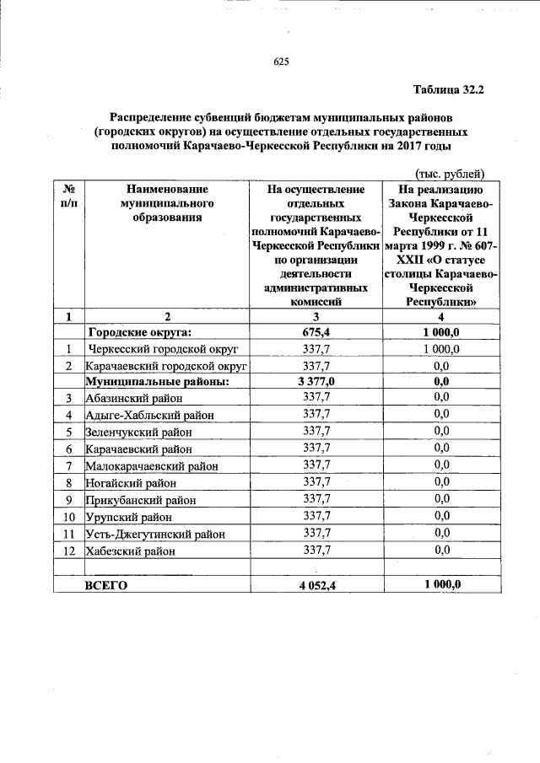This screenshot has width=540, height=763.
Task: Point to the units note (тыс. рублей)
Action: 449,174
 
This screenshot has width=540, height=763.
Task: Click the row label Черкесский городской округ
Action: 164,348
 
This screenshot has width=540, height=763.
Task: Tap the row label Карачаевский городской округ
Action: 166,366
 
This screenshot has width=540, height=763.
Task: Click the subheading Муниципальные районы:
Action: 158,381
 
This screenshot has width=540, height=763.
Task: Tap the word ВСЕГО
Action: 106,587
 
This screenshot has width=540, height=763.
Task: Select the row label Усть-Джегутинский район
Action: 155,534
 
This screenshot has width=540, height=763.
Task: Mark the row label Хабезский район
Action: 131,551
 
